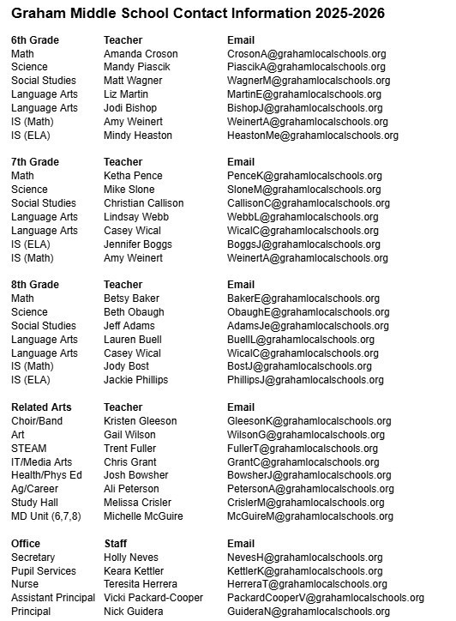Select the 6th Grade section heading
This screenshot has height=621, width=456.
[x=35, y=40]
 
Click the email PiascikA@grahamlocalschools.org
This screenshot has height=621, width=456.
[x=306, y=67]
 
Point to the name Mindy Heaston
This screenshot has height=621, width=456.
[x=140, y=136]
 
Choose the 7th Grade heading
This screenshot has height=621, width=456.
[x=35, y=162]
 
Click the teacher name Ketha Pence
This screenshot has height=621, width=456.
[x=133, y=176]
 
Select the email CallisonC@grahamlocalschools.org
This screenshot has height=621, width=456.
[x=309, y=203]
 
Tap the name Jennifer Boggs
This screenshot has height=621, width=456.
[x=139, y=244]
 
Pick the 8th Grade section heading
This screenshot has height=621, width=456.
[x=35, y=285]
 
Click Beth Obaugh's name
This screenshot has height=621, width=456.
[x=134, y=312]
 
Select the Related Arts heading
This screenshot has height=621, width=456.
[x=41, y=407]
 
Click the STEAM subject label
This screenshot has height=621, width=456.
[x=29, y=448]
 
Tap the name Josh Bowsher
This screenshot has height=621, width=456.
[x=136, y=475]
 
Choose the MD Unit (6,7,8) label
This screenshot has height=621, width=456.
[x=49, y=516]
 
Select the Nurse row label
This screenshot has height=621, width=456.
[x=25, y=584]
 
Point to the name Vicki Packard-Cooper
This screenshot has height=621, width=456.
[x=153, y=598]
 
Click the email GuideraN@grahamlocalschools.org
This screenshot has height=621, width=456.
[x=309, y=612]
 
